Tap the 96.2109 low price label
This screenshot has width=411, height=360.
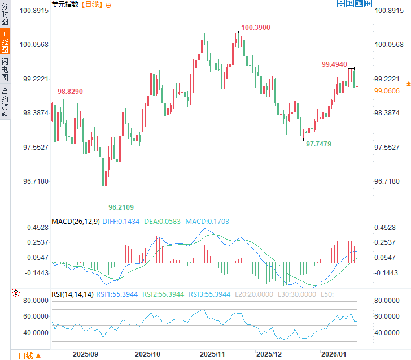tap(121, 207)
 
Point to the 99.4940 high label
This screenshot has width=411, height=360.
tap(334, 64)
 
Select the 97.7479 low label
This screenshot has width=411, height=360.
tap(318, 144)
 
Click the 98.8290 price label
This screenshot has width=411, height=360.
tap(70, 91)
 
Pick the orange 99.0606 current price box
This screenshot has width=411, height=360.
tap(386, 91)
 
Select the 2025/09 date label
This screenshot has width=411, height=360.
tap(86, 354)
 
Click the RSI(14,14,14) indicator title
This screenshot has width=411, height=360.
tap(72, 294)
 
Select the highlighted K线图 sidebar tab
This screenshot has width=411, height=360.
tap(5, 42)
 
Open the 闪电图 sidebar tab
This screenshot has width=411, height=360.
tap(5, 69)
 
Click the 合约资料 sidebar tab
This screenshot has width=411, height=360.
tap(5, 102)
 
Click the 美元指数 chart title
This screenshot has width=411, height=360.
tap(65, 5)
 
